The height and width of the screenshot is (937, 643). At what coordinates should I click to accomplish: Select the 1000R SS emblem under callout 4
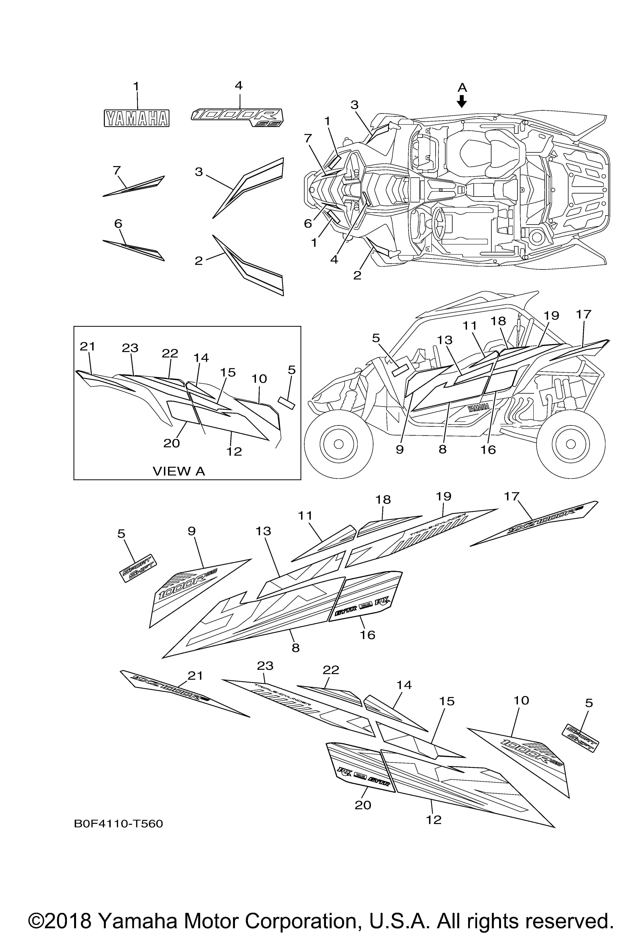pyautogui.click(x=237, y=117)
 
